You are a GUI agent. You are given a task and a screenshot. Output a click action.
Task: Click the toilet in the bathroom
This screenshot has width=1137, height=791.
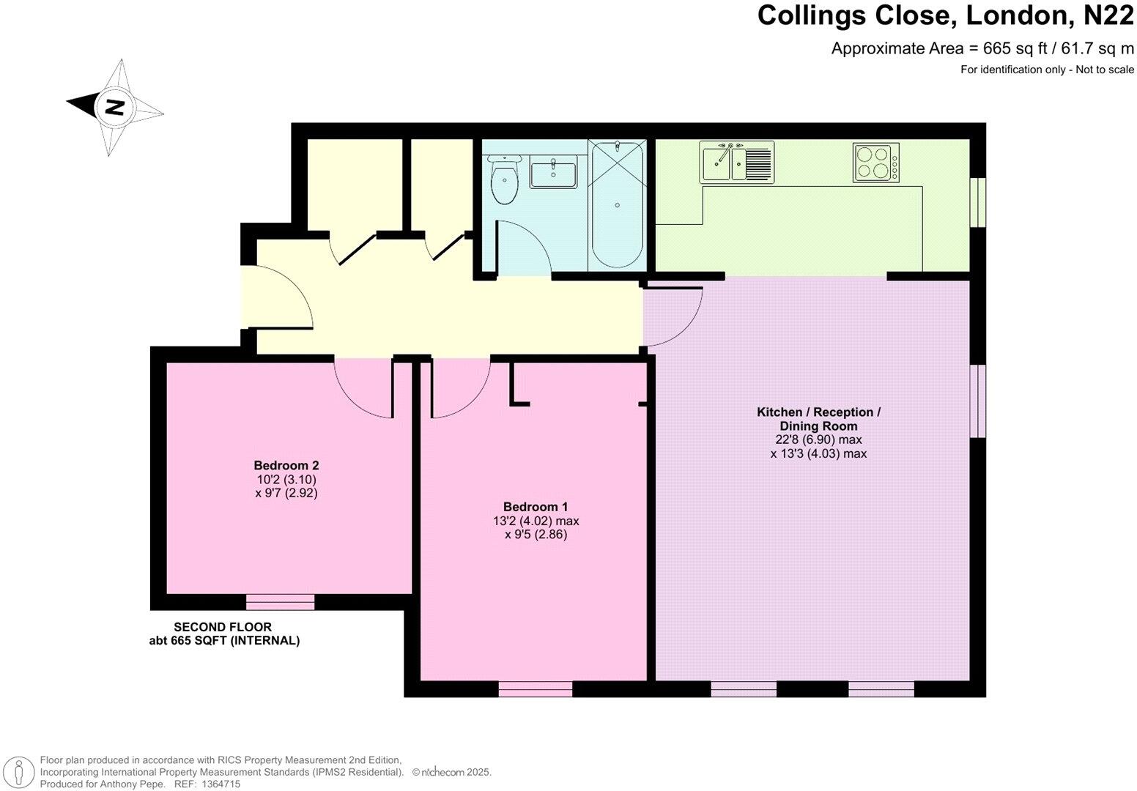(x=503, y=179)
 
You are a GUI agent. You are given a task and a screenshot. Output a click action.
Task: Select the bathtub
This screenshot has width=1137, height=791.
(x=617, y=205)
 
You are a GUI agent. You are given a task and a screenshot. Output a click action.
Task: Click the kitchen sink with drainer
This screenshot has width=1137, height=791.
(x=736, y=162)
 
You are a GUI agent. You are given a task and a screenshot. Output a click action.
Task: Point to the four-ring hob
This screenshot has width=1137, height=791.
(x=875, y=163)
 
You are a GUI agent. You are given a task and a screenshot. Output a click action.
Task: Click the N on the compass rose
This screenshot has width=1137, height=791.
(x=114, y=108)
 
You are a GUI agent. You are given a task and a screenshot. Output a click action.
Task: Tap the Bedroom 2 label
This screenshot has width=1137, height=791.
(x=286, y=465)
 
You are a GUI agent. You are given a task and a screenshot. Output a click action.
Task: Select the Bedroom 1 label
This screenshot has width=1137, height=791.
(x=536, y=507)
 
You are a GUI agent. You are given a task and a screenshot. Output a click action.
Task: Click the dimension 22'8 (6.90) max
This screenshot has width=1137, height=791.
(x=818, y=439)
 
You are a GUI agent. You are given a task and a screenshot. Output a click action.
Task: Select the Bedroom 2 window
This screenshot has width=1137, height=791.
(x=280, y=602)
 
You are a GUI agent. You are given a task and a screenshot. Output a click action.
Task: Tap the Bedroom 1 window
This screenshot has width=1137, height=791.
(x=535, y=689)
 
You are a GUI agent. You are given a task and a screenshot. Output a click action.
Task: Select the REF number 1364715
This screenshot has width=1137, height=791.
(x=218, y=784)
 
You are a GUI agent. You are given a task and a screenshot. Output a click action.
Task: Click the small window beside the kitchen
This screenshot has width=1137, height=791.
(x=978, y=201)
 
